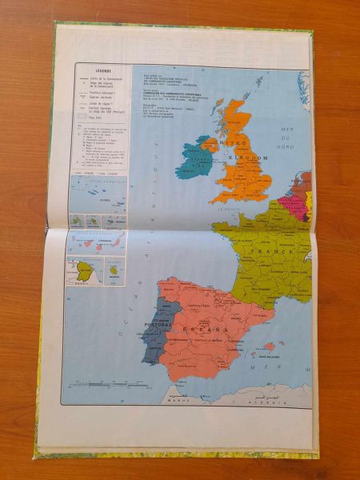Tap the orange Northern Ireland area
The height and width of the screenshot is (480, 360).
point(210,145)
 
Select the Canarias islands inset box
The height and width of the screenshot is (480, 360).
point(96,242)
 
